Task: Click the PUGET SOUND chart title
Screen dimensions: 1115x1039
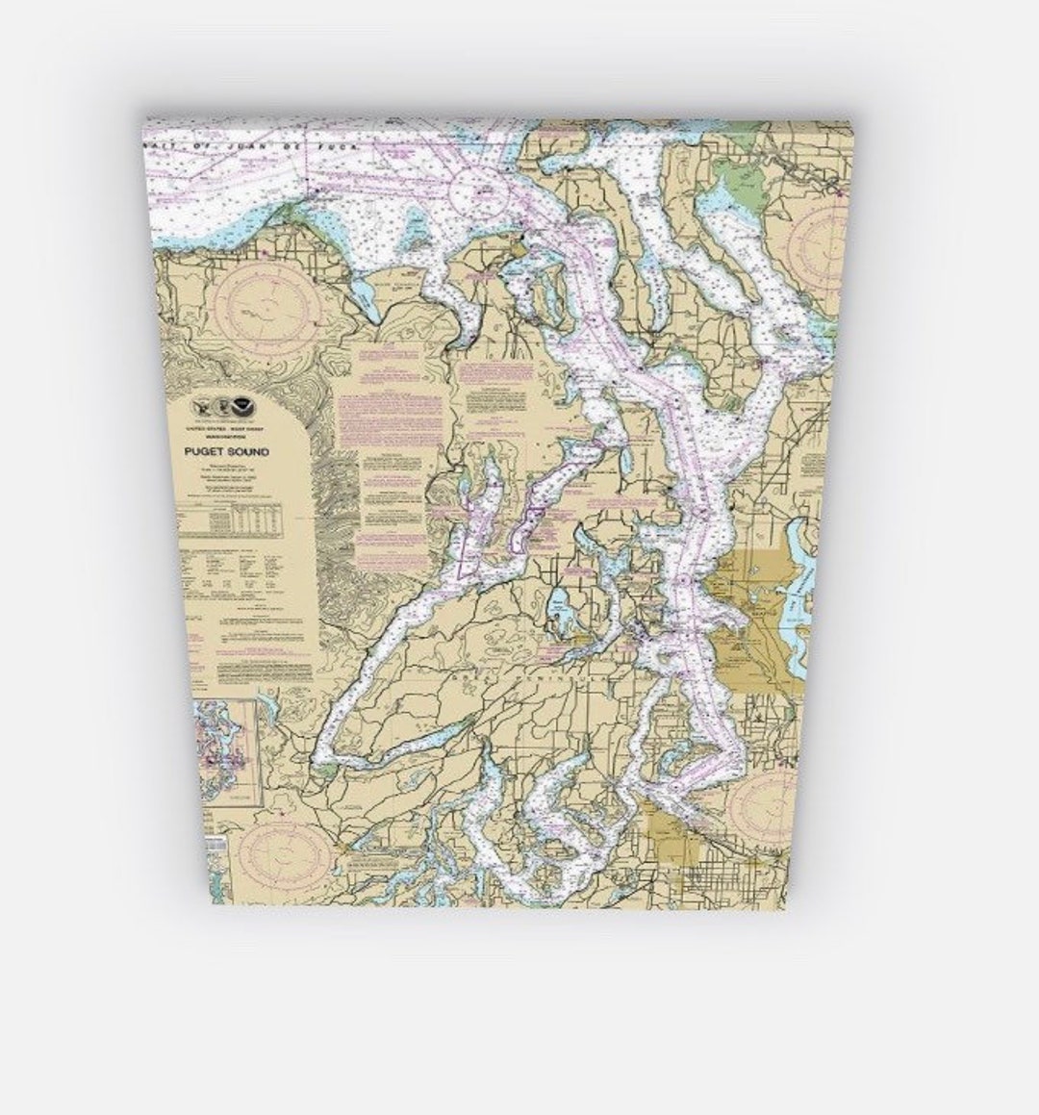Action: (x=226, y=451)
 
